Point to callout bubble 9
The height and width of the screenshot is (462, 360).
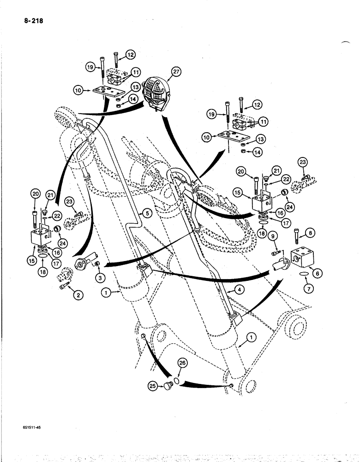(x=273, y=237)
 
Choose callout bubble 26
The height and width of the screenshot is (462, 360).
(x=182, y=364)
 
